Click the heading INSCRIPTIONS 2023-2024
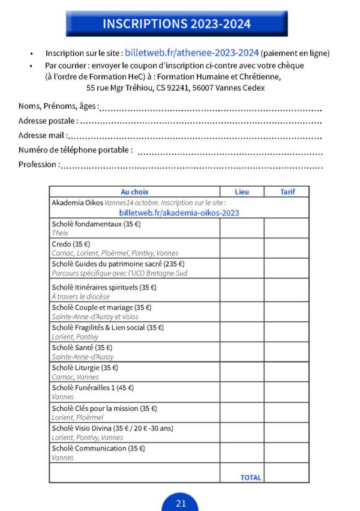(176, 24)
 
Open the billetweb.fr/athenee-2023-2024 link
(191, 53)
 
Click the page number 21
(181, 503)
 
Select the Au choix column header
(134, 192)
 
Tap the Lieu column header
(242, 192)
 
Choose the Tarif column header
(286, 192)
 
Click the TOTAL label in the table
(251, 477)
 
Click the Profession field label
(38, 165)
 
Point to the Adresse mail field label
(43, 136)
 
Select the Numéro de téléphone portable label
(76, 150)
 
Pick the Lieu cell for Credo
(242, 248)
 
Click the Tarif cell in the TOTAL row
(286, 473)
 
